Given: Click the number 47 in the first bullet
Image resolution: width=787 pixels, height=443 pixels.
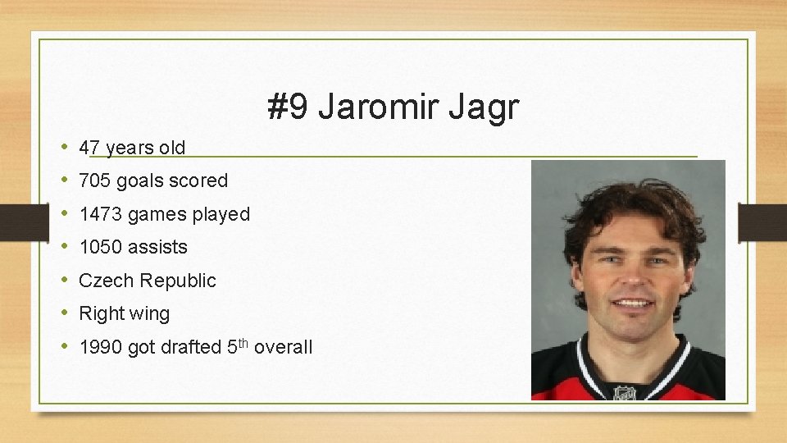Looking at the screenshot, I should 89,148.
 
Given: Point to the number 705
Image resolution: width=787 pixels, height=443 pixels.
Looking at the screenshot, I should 95,180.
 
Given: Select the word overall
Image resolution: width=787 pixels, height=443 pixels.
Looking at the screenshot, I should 283,347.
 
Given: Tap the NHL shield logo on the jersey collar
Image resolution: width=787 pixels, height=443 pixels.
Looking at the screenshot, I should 625,392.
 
